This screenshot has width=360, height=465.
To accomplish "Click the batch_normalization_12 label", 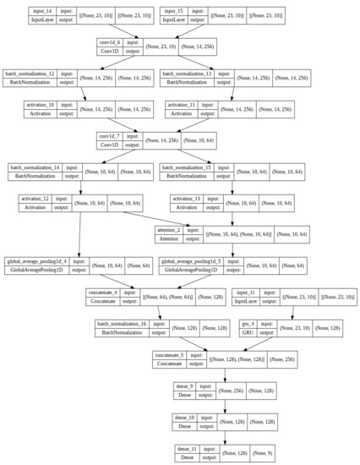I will point(30,74).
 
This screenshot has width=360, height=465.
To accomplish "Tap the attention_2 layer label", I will point(172,228).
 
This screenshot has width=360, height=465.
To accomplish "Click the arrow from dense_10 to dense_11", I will point(224,431).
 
